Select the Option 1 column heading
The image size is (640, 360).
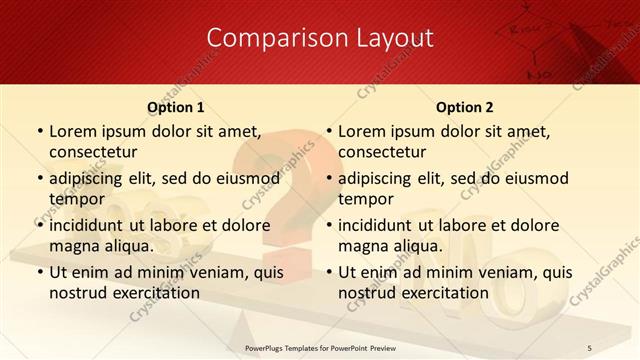tap(176, 107)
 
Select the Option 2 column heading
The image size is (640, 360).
tap(465, 107)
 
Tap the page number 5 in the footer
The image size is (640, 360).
tap(590, 347)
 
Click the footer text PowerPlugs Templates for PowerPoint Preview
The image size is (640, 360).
tap(319, 347)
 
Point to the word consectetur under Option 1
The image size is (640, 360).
tap(92, 152)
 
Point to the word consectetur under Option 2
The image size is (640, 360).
tap(382, 152)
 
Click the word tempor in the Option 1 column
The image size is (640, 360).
tap(76, 199)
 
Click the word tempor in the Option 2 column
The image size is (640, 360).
tap(366, 199)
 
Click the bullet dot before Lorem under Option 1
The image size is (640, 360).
tap(39, 131)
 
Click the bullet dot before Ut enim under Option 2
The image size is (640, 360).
tap(328, 272)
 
